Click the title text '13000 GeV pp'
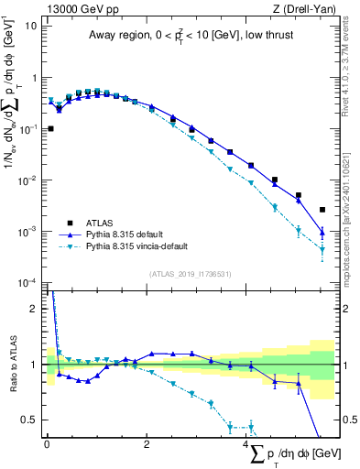79,9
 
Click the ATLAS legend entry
100,223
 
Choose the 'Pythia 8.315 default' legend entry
130,234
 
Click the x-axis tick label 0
47,443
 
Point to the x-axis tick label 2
147,443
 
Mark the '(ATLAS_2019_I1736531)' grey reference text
190,274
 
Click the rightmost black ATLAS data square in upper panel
322,210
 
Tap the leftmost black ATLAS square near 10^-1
50,129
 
